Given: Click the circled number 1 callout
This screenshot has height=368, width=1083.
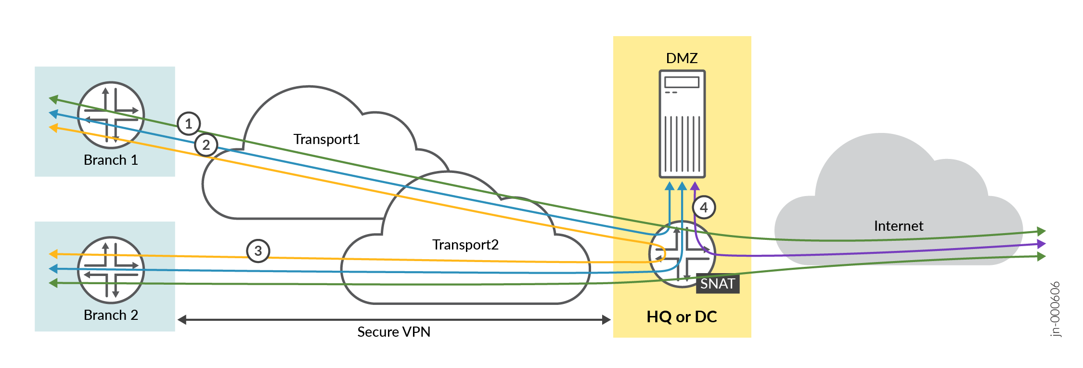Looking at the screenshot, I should coord(189,124).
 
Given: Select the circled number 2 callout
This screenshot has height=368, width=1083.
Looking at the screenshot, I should coord(206,145).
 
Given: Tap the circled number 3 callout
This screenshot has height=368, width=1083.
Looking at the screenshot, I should coord(258,251).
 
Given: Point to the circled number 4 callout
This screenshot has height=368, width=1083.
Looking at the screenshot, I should coord(704,208).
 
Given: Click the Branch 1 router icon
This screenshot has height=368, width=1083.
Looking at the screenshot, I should coord(111,115).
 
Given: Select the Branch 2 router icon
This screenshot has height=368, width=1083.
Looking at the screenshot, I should coord(111,270).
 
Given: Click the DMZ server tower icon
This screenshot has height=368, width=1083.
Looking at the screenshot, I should coord(682,124).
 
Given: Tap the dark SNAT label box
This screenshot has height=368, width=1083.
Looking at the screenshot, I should coord(717,284).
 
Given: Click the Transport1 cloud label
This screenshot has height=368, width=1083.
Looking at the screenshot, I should coord(326,139).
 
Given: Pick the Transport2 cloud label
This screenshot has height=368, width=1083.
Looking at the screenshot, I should coord(465,245).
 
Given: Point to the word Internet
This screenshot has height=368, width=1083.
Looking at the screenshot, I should coord(898,226).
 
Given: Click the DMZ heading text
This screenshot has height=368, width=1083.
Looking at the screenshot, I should coord(682,58).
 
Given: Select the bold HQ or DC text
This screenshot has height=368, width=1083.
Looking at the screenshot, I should coord(682,317).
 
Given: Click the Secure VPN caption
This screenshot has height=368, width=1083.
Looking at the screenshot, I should coord(394,332).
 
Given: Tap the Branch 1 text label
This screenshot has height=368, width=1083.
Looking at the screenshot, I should coord(111,160).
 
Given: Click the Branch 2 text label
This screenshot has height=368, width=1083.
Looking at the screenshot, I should coord(111,315).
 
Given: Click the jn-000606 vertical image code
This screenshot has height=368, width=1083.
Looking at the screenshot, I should coord(1055,309).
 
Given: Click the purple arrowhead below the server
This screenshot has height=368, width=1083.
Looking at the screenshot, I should coord(695,186).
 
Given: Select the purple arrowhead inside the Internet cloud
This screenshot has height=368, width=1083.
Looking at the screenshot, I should coord(1041,244).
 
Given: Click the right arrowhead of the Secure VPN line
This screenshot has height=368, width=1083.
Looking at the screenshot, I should coord(606,319).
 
